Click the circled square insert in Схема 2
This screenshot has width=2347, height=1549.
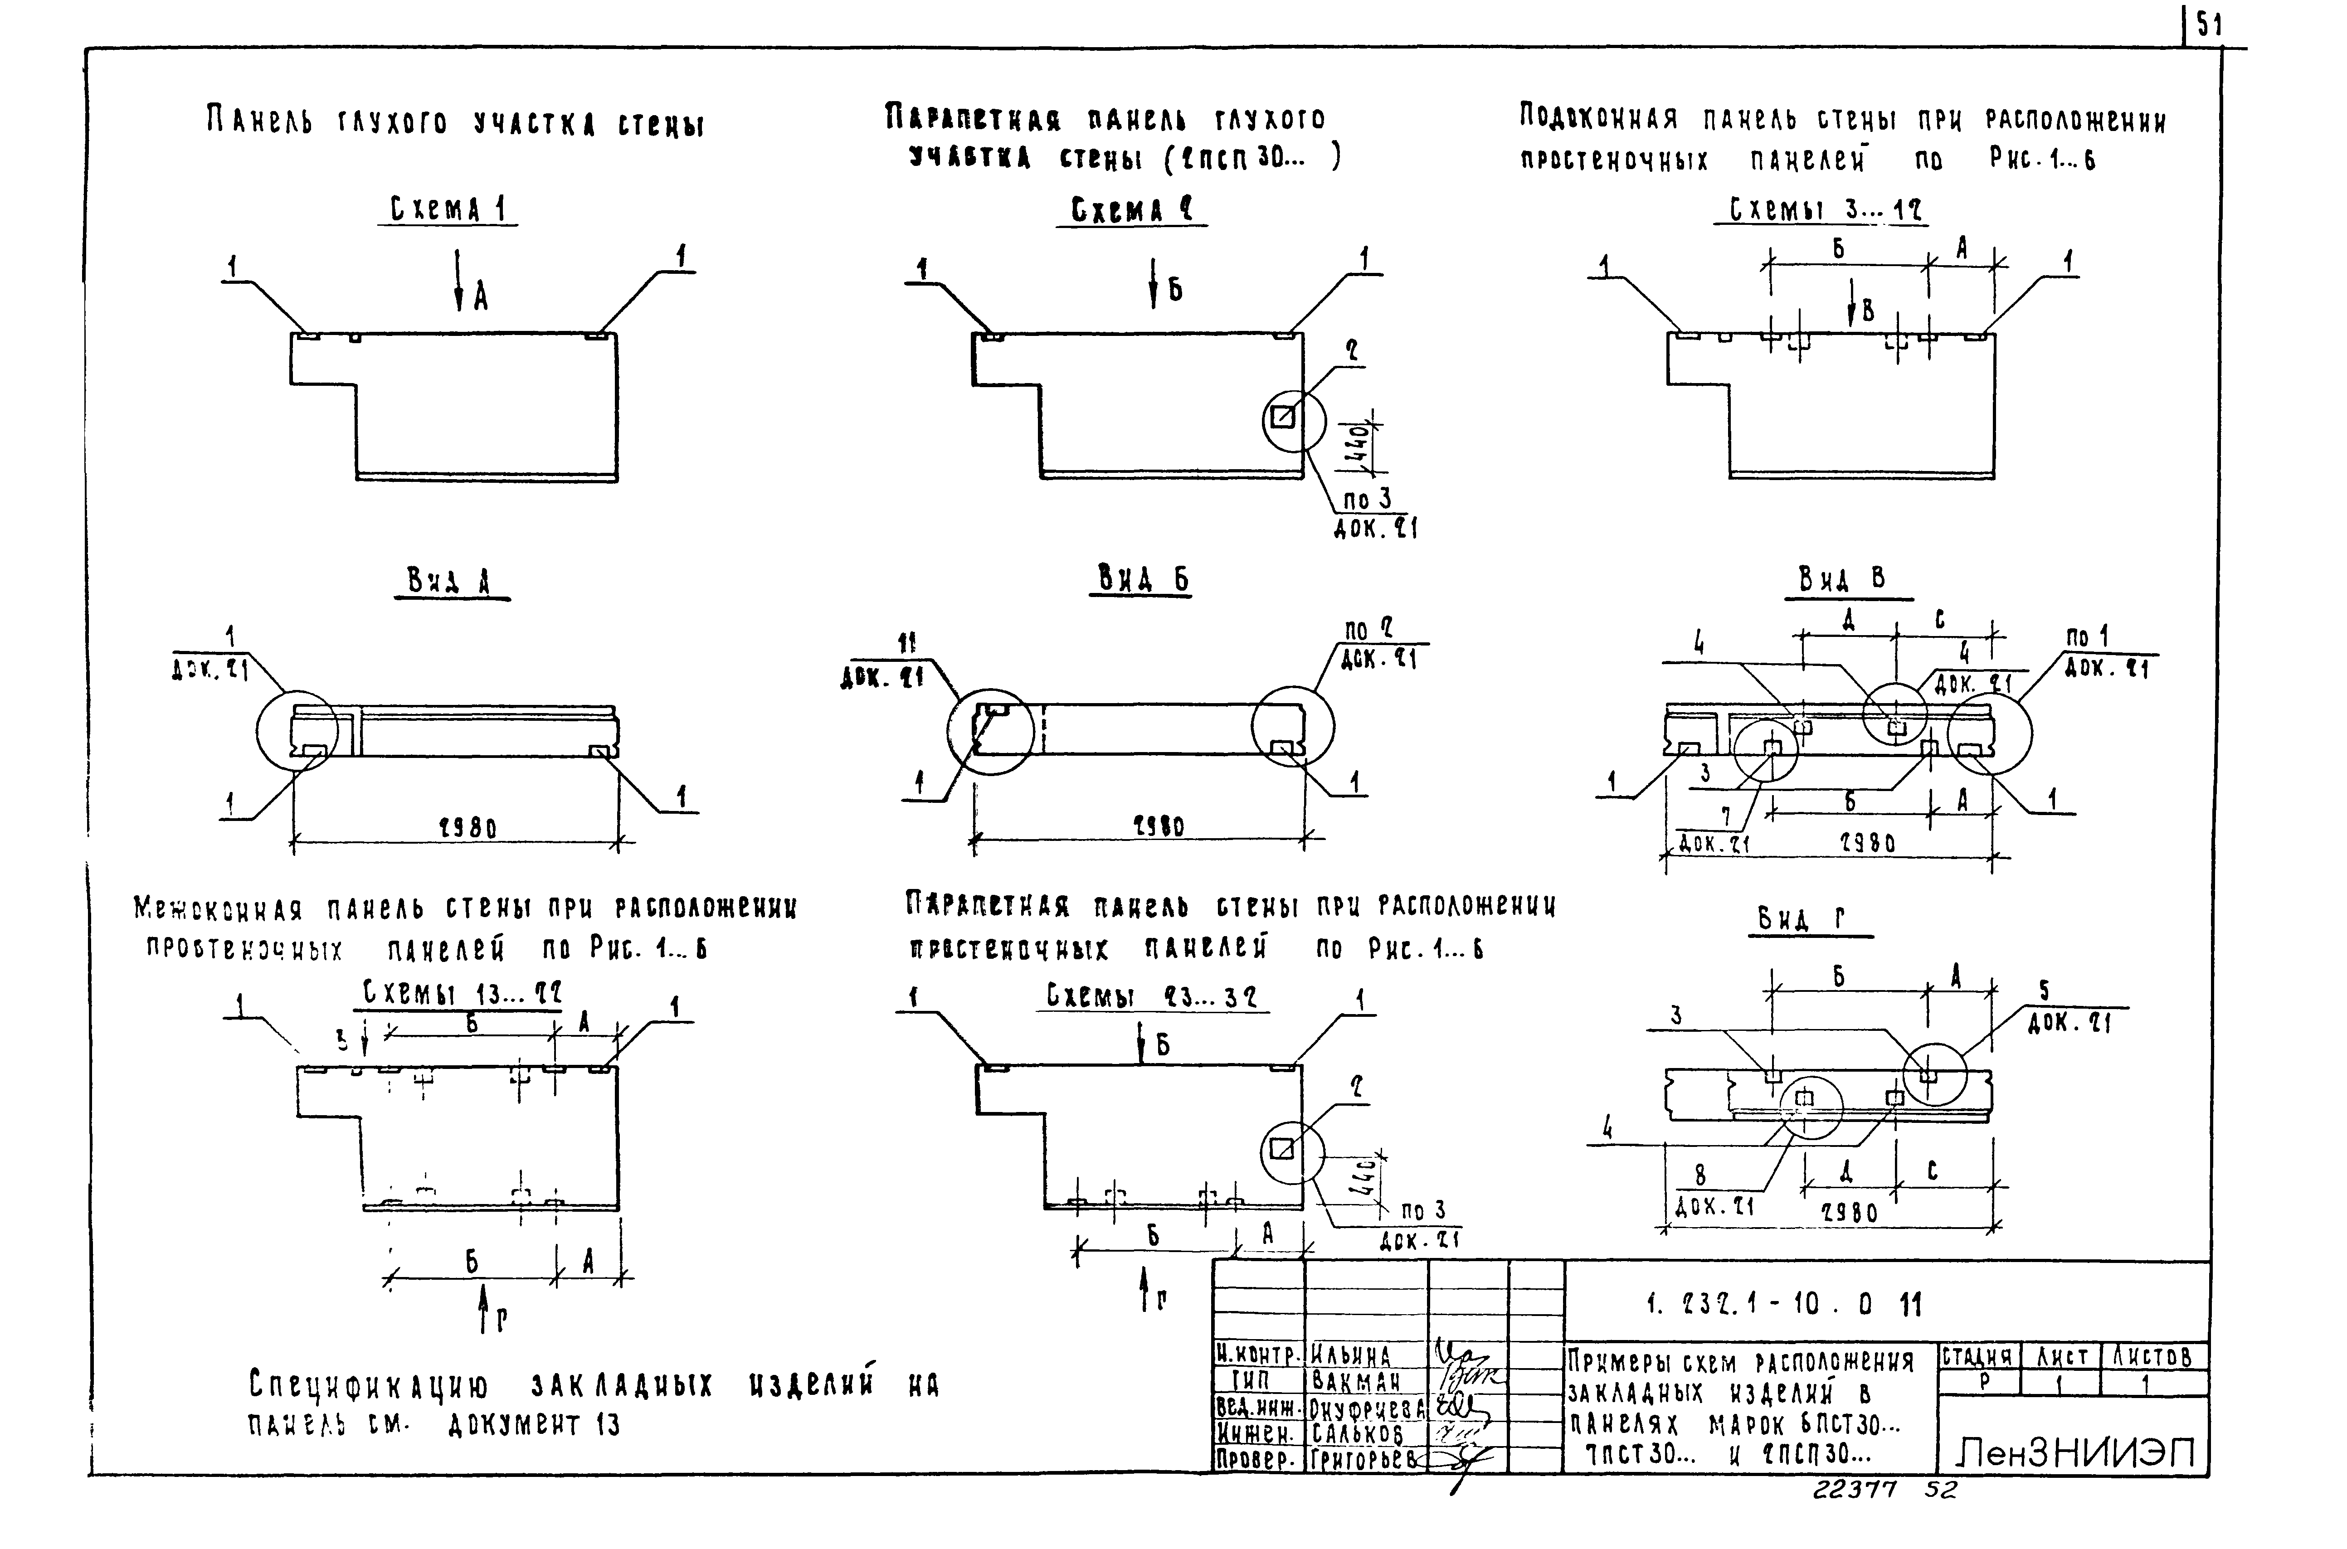(x=1282, y=418)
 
